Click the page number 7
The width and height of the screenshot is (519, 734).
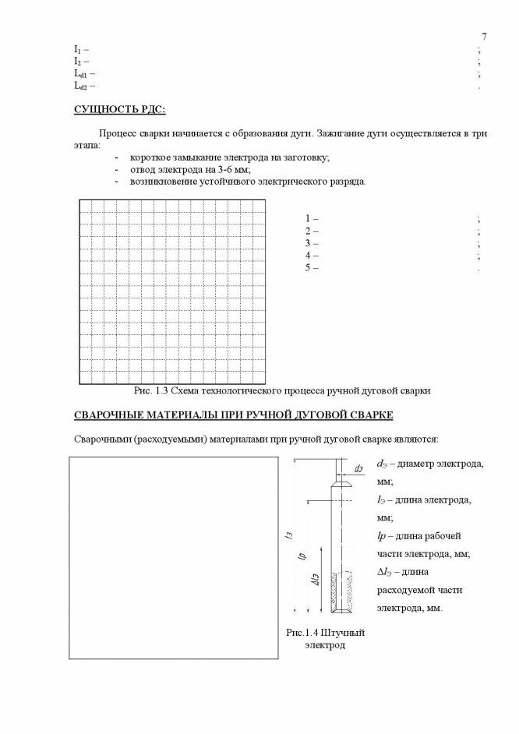(x=484, y=37)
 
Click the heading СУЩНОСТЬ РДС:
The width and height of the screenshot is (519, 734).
(x=119, y=108)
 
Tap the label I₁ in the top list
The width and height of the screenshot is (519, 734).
(x=77, y=49)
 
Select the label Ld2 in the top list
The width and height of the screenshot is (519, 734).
(x=81, y=86)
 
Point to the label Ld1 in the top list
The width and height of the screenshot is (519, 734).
(x=81, y=73)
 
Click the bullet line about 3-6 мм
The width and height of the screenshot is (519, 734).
(x=189, y=169)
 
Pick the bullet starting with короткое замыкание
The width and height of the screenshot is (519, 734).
(x=230, y=157)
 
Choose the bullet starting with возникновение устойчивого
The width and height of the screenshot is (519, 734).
(x=248, y=182)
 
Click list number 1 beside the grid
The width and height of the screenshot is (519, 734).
(x=309, y=219)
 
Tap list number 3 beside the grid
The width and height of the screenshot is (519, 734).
(x=309, y=243)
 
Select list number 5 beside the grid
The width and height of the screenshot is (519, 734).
(x=309, y=268)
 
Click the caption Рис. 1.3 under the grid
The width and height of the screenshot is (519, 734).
(x=282, y=390)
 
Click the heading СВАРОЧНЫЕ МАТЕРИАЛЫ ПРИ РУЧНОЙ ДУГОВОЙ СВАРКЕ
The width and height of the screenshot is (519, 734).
(x=233, y=415)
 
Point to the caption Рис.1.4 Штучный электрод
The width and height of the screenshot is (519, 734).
(x=325, y=639)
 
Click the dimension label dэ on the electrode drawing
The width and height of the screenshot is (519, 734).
(x=358, y=469)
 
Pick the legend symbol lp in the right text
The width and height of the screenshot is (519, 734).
(x=382, y=536)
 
